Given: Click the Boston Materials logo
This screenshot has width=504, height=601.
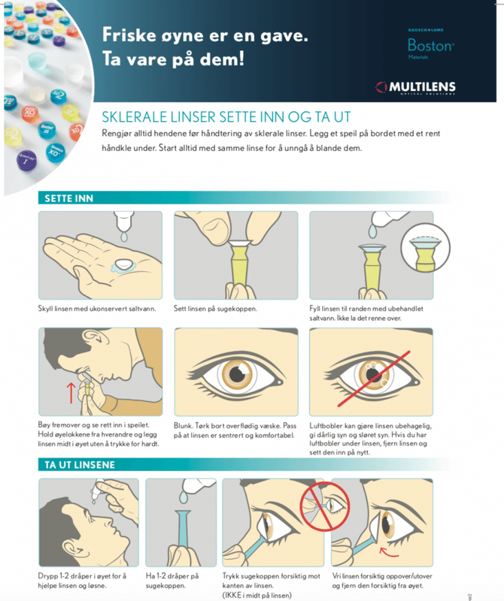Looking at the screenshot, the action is pyautogui.click(x=431, y=44).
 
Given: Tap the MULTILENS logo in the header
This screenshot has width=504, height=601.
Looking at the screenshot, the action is pyautogui.click(x=416, y=87).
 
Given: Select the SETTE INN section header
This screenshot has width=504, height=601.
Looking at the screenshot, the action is pyautogui.click(x=68, y=198).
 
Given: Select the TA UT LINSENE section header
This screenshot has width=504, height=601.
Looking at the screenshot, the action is pyautogui.click(x=80, y=465).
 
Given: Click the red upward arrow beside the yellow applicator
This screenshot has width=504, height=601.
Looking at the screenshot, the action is pyautogui.click(x=71, y=392).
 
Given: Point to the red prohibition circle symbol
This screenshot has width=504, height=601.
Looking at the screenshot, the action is pyautogui.click(x=325, y=506).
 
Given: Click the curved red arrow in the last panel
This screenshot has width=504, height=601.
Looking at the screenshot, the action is pyautogui.click(x=389, y=553).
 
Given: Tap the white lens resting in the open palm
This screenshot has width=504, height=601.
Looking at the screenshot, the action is pyautogui.click(x=124, y=264).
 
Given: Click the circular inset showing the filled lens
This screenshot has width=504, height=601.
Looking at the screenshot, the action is pyautogui.click(x=425, y=248).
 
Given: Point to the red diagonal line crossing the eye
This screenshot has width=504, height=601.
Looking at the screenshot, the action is pyautogui.click(x=374, y=379).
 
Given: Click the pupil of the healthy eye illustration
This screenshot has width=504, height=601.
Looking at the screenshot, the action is pyautogui.click(x=237, y=374).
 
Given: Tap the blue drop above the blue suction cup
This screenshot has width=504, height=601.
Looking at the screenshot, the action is pyautogui.click(x=183, y=497).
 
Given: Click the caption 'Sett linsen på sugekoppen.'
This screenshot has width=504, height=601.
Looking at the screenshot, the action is pyautogui.click(x=215, y=309).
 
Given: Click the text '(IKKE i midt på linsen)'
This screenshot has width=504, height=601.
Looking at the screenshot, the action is pyautogui.click(x=257, y=595).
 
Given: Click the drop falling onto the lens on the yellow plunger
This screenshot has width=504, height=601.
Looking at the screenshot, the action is pyautogui.click(x=372, y=231).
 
